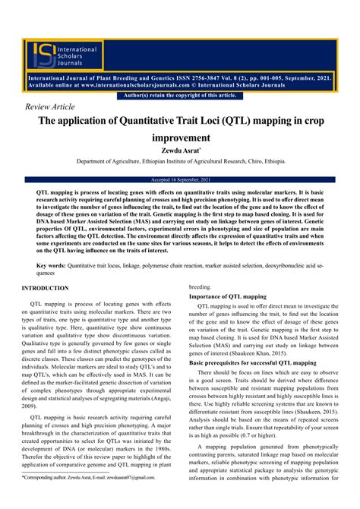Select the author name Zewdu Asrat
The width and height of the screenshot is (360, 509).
pyautogui.click(x=179, y=150)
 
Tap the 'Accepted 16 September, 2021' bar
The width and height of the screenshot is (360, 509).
pyautogui.click(x=179, y=179)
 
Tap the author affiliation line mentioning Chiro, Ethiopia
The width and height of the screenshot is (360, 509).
pyautogui.click(x=179, y=161)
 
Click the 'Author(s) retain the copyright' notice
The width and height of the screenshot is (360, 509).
pyautogui.click(x=179, y=95)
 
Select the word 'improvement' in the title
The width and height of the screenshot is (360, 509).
pyautogui.click(x=179, y=138)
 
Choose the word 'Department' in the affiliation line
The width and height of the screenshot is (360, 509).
pyautogui.click(x=94, y=161)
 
